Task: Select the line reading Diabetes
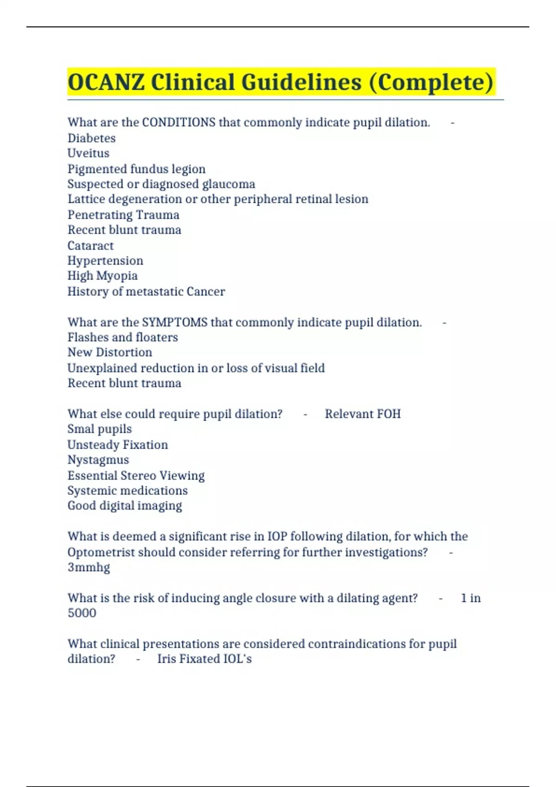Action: pos(91,138)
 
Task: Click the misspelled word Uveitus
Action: pos(88,153)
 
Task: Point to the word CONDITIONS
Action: pos(178,122)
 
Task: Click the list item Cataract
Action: pos(90,245)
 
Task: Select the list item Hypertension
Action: pos(105,261)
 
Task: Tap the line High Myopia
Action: pos(102,276)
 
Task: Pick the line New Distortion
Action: pos(109,352)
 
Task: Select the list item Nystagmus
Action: pos(98,460)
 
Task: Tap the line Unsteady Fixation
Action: pos(117,444)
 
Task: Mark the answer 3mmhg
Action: pos(88,567)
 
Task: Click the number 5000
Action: pos(82,613)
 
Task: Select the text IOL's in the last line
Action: pos(237,659)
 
